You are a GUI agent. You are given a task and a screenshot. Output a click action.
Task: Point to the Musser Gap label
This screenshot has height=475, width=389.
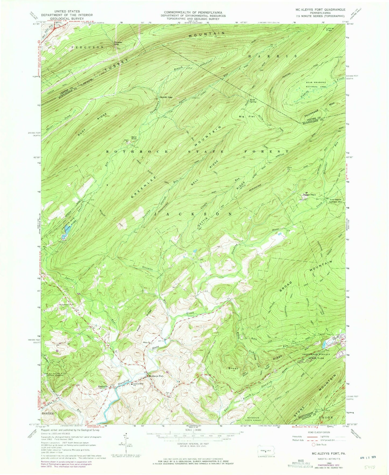117,43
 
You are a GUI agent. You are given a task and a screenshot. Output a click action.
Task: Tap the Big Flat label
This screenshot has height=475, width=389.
243,116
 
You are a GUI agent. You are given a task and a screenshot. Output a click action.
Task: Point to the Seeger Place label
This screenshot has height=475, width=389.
309,195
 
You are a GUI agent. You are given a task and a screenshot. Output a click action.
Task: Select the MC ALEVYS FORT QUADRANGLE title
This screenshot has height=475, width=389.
320,9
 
